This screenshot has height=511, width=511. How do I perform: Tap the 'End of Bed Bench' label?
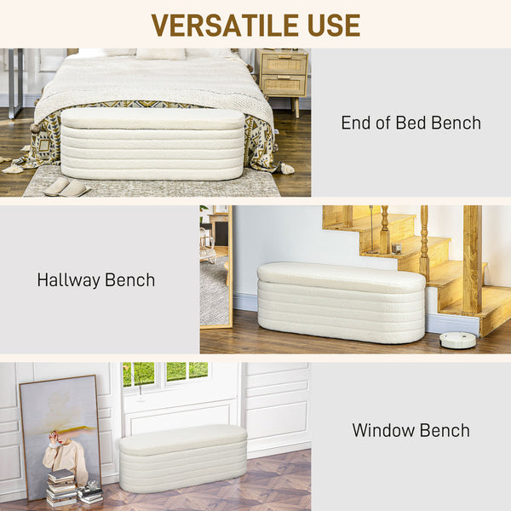(411, 123)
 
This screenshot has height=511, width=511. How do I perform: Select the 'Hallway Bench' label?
(95, 279)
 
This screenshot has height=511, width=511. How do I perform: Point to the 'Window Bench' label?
(411, 430)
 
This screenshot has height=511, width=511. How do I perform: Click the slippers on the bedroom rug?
(66, 187)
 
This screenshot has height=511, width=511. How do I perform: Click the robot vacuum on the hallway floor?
(457, 340)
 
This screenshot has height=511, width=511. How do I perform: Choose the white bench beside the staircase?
(341, 301)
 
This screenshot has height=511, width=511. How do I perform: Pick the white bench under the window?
(182, 458)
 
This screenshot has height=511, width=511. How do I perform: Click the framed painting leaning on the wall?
(60, 434)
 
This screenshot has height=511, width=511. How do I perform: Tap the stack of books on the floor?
(60, 487)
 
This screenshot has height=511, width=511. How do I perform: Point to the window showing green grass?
(165, 373)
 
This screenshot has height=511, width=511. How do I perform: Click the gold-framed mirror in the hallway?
(215, 266)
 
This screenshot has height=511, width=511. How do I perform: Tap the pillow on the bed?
(162, 53)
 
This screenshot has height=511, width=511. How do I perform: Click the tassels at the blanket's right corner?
(284, 168)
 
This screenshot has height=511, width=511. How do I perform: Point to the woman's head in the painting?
(56, 437)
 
